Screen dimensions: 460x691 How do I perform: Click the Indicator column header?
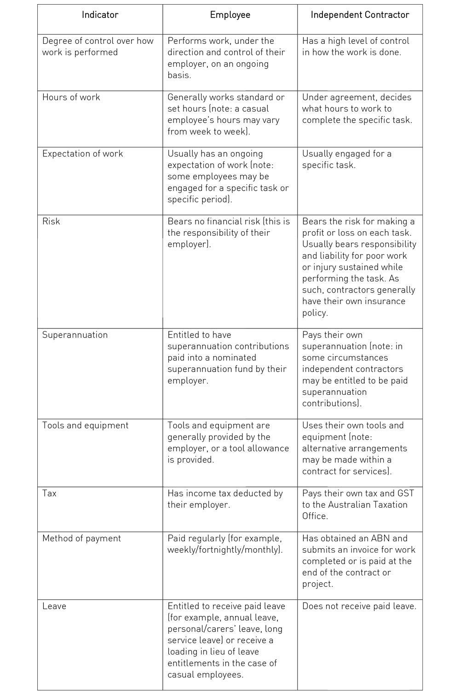(x=100, y=15)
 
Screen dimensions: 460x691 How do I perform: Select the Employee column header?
(x=230, y=15)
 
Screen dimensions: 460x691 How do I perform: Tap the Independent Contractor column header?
(x=360, y=15)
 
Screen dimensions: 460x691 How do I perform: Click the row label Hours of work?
(x=71, y=97)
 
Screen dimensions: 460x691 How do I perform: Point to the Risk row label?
(x=51, y=222)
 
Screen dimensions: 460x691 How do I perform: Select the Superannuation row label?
(x=75, y=335)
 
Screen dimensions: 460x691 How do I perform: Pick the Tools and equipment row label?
(x=85, y=425)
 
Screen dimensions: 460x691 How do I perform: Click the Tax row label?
(x=49, y=493)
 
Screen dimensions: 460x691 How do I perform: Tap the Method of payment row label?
(x=81, y=539)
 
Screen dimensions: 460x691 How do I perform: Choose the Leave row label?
(x=54, y=606)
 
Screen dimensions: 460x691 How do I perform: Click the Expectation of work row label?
(x=82, y=154)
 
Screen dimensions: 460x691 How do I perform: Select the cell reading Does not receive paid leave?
(x=359, y=606)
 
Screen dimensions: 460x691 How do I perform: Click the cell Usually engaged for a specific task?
(x=346, y=159)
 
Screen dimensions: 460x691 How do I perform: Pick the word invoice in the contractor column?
(x=362, y=550)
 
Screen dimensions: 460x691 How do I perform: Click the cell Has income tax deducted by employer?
(x=225, y=499)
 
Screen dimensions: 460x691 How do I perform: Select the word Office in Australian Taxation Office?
(x=314, y=516)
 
